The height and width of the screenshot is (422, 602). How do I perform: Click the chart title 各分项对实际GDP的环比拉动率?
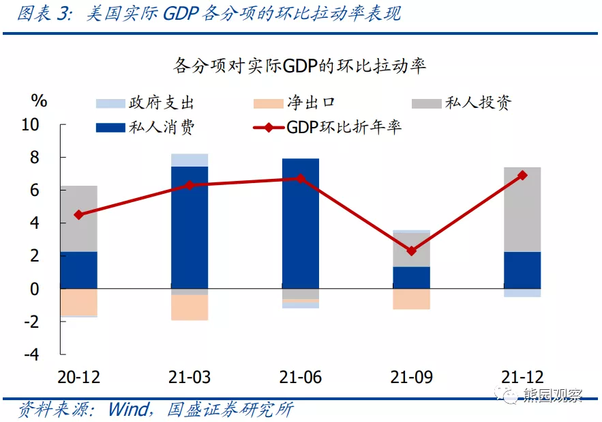coord(300,66)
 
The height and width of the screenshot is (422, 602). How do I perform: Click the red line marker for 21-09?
coord(411,251)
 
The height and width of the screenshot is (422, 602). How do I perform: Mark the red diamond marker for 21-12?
coord(522,175)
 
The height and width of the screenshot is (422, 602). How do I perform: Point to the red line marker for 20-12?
coord(78,214)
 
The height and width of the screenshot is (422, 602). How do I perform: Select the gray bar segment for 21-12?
coord(522,209)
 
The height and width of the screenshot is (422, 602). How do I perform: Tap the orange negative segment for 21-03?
coord(189,307)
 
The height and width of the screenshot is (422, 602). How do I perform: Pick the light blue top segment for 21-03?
coord(189,160)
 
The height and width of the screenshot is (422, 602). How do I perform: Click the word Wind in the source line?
coord(127,410)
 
